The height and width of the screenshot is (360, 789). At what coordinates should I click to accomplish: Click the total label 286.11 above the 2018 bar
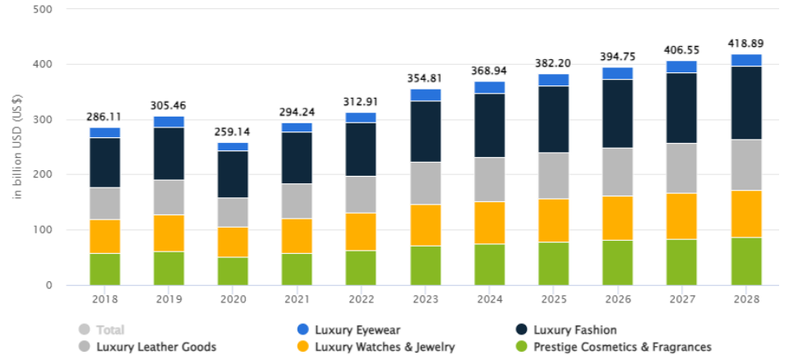click(104, 118)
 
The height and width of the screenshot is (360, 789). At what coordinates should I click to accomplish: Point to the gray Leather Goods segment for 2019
click(168, 197)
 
